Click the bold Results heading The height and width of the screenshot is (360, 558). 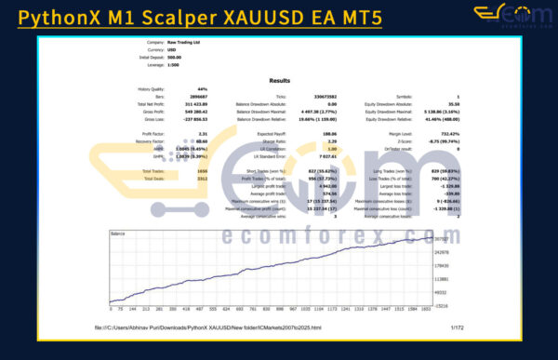pyautogui.click(x=279, y=81)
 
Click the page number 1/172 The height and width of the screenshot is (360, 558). pyautogui.click(x=456, y=327)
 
